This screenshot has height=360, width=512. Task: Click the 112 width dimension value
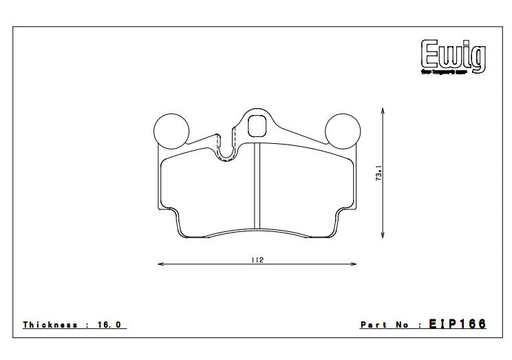(257, 260)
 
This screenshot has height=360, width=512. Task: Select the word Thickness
(50, 324)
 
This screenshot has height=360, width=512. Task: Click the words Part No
(385, 324)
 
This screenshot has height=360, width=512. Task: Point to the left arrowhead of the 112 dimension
(160, 264)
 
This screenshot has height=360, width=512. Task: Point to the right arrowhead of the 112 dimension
(354, 264)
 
